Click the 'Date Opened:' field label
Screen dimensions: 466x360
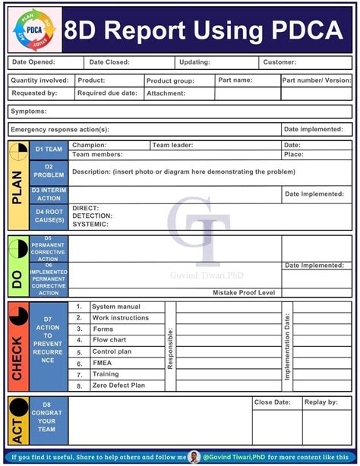coord(33,62)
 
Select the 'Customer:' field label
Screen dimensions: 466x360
coord(279,62)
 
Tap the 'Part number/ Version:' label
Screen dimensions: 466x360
coord(317,80)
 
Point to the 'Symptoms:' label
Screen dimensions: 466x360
coord(29,112)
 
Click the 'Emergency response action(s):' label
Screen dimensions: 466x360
coord(60,130)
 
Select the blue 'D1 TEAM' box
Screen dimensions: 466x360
coord(49,150)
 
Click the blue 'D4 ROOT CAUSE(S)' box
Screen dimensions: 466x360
coord(49,216)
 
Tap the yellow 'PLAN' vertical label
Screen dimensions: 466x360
coord(17,186)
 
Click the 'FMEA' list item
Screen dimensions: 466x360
coord(103,364)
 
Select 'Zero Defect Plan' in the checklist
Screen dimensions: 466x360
coord(118,386)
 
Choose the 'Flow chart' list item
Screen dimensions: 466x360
coord(109,341)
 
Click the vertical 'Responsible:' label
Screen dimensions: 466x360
coord(170,348)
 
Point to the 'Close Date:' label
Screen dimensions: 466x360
coord(273,402)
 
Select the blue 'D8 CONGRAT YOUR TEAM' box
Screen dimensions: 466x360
coord(49,420)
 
